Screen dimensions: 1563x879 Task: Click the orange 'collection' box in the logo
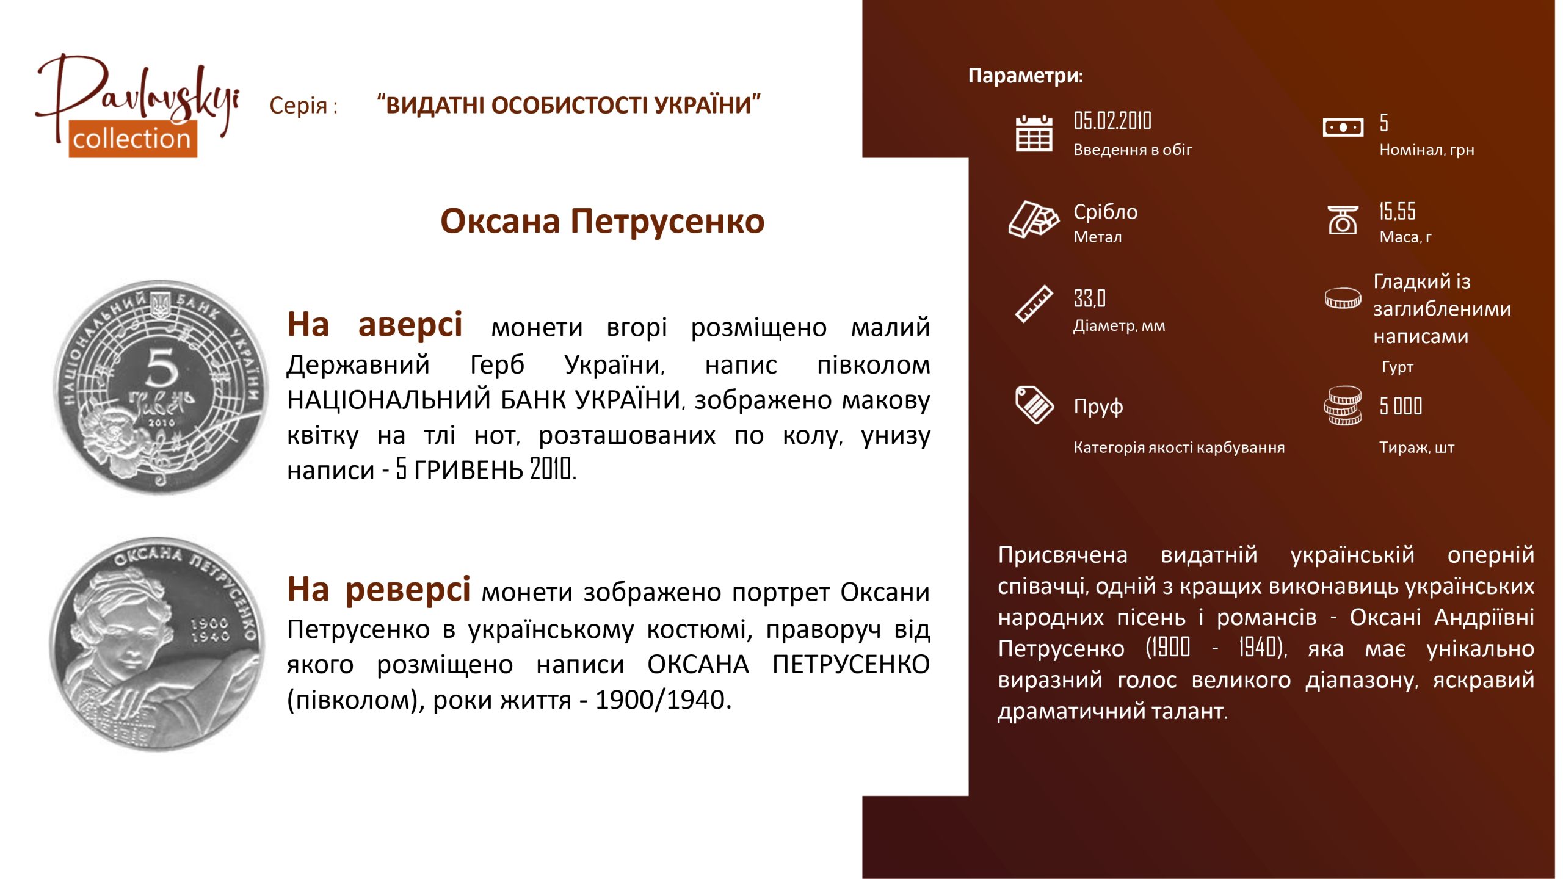click(x=132, y=139)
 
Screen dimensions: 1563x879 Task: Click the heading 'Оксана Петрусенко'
click(x=602, y=221)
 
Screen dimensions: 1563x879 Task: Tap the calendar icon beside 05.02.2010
click(x=1034, y=133)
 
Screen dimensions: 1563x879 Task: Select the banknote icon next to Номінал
click(x=1343, y=128)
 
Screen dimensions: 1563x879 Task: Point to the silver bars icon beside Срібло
click(x=1034, y=219)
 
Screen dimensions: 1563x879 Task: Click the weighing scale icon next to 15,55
click(x=1343, y=220)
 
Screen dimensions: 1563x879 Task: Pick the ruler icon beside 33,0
click(x=1034, y=303)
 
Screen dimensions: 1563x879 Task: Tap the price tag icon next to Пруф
click(x=1034, y=405)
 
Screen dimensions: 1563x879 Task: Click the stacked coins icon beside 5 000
click(x=1343, y=405)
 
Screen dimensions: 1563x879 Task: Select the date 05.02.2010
click(x=1112, y=121)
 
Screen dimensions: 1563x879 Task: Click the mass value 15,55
click(x=1397, y=211)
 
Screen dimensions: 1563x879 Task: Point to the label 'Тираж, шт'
click(x=1416, y=447)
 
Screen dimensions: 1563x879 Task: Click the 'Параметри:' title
click(x=1026, y=76)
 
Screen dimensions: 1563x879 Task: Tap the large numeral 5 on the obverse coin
click(x=162, y=368)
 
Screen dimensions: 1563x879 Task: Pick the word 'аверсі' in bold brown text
click(x=410, y=325)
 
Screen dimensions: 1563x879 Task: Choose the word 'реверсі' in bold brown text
click(x=408, y=590)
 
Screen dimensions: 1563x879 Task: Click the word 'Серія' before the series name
click(x=299, y=106)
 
